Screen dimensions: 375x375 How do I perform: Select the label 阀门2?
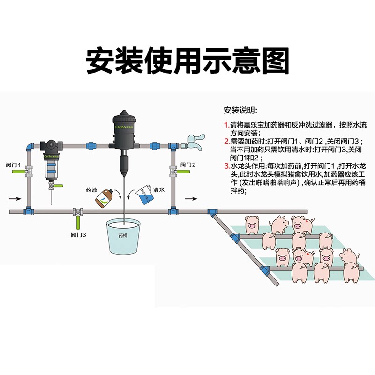pos(189,165)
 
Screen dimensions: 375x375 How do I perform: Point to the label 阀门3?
pos(78,234)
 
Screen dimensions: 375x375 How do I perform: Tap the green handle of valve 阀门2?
pos(183,172)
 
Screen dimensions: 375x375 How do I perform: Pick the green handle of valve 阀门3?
pos(77,221)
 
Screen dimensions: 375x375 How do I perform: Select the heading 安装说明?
pos(240,111)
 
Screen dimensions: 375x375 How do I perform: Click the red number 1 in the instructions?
pos(226,125)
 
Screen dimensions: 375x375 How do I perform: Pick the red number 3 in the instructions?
pos(226,165)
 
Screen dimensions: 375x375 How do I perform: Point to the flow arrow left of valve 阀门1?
pos(15,198)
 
